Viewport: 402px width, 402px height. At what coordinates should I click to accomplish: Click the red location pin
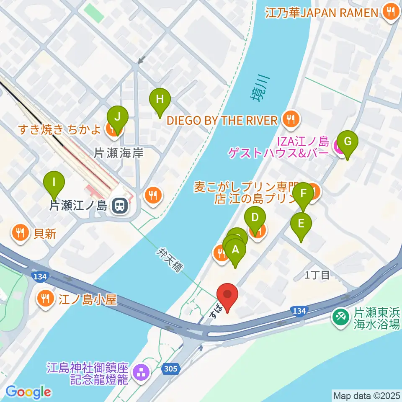228,296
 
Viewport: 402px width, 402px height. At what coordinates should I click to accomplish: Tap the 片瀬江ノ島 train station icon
119,205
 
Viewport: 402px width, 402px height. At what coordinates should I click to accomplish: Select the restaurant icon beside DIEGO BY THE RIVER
290,121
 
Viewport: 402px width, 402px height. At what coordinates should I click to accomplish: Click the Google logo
28,392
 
